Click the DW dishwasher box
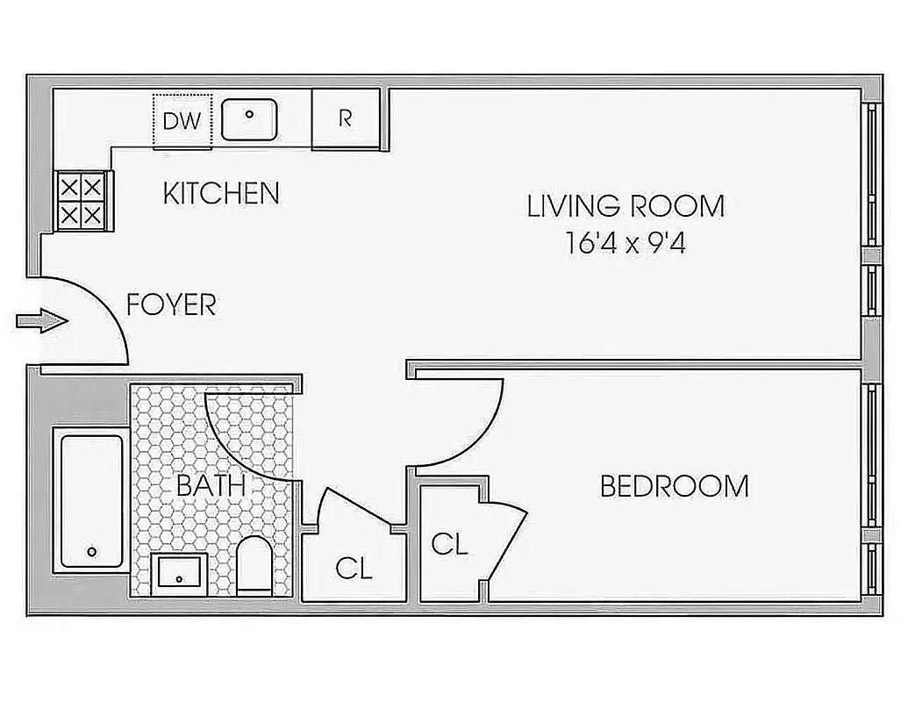[182, 120]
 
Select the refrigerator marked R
[346, 119]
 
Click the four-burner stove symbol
[82, 200]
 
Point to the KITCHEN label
[221, 194]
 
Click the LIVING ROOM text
[626, 206]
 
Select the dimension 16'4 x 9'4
[626, 243]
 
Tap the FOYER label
[171, 305]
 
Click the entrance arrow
[41, 321]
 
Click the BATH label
[211, 485]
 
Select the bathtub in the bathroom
[91, 500]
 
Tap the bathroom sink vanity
[179, 574]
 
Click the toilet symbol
[256, 564]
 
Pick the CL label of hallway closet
[354, 569]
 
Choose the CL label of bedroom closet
[449, 545]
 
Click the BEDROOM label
[674, 486]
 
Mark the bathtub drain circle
[91, 553]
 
